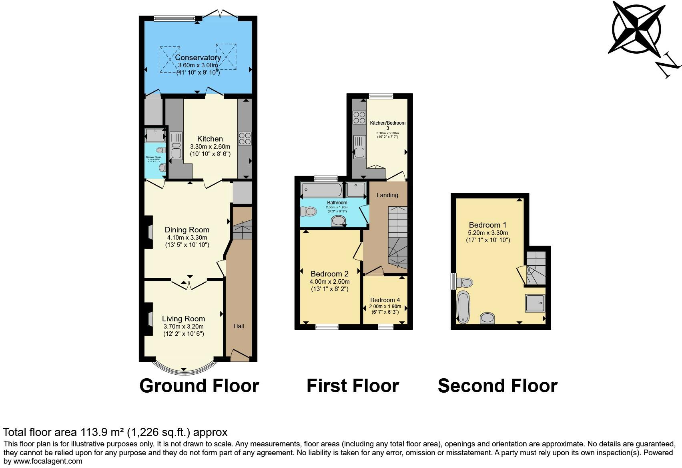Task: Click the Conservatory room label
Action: [198, 58]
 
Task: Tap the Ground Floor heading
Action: [199, 386]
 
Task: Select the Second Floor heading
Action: [497, 386]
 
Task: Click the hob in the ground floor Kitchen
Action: [244, 138]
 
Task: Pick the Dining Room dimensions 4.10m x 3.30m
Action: [187, 237]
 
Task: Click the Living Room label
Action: [183, 319]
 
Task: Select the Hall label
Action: [239, 326]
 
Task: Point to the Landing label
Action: [387, 195]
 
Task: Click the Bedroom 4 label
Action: [385, 300]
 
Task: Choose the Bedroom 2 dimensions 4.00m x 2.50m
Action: [329, 282]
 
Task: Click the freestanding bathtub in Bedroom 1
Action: [463, 307]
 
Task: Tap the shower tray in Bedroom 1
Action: [535, 303]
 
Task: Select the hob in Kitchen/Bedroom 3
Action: [359, 117]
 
